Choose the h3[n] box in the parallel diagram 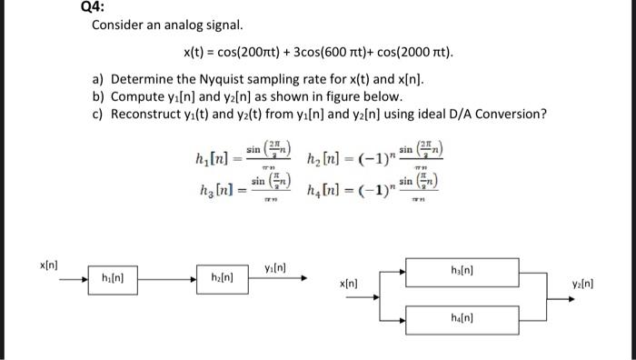[461, 270]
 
